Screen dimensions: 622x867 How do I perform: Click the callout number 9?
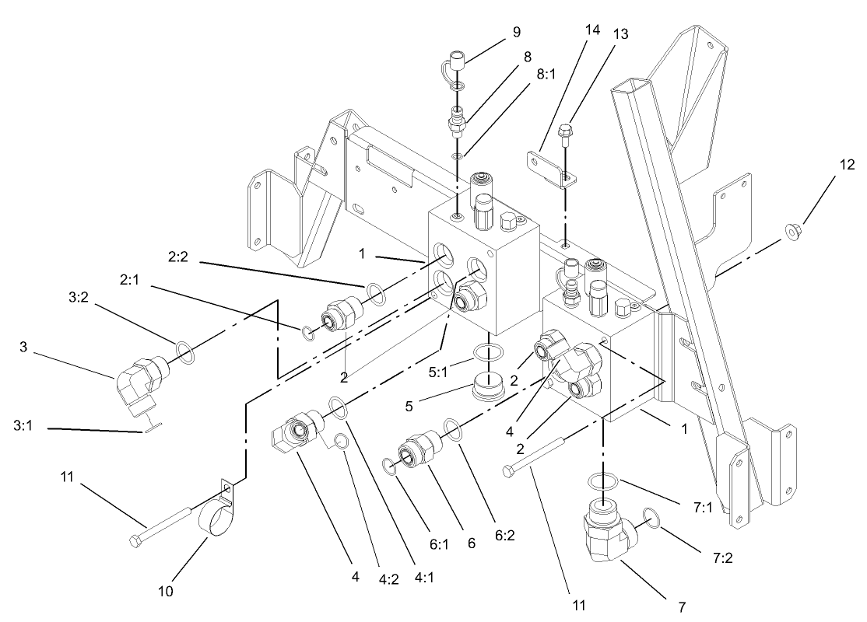point(517,32)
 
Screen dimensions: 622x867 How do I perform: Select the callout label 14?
point(593,30)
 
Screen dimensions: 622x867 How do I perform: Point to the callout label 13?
point(620,34)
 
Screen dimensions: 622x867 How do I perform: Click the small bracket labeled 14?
point(550,167)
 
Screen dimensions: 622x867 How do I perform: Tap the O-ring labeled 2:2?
point(374,292)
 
